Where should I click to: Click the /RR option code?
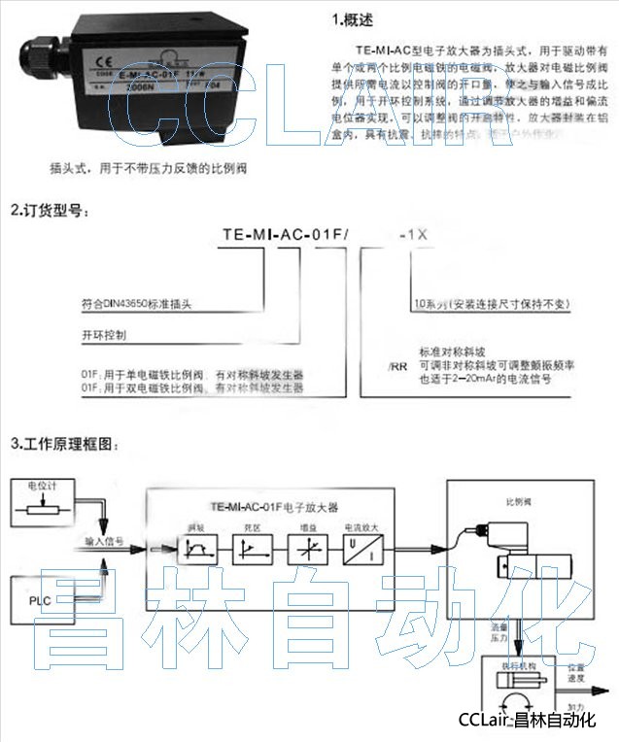click(x=395, y=367)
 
